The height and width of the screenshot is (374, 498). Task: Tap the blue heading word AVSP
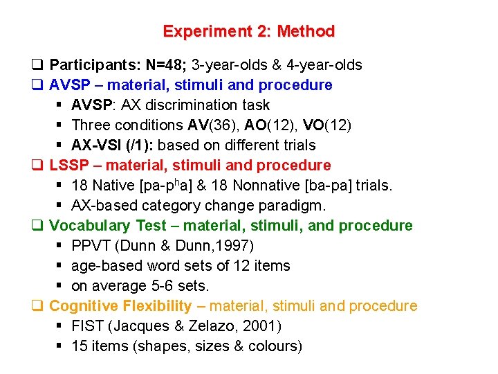pos(69,85)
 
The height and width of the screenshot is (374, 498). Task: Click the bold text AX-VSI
pos(96,145)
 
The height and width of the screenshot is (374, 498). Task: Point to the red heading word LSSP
pos(68,166)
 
